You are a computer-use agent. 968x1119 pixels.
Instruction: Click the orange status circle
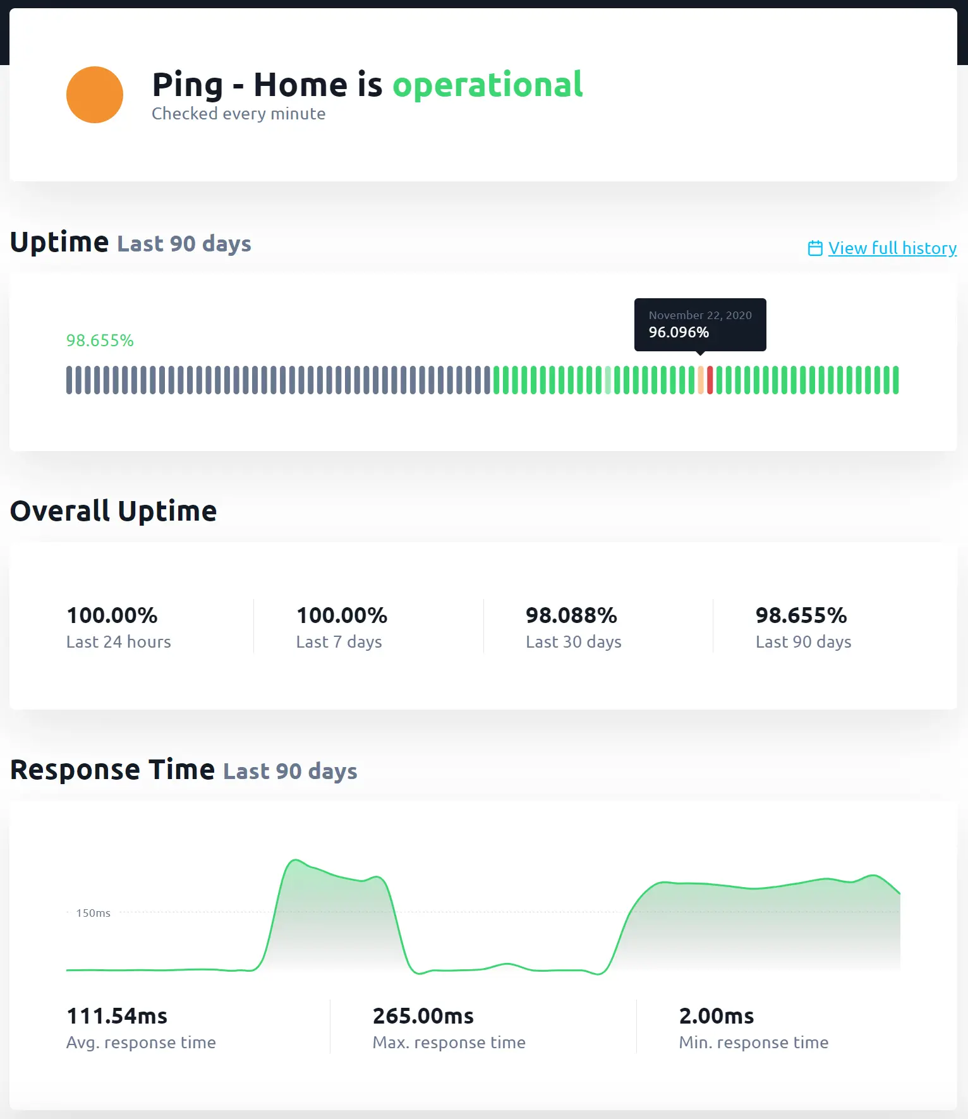[x=95, y=95]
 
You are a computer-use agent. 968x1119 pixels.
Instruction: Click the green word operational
[x=487, y=85]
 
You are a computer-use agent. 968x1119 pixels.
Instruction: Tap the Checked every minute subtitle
[x=238, y=114]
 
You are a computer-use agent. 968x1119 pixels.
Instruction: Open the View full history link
[x=892, y=248]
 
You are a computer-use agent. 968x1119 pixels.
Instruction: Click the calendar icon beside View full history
[x=815, y=248]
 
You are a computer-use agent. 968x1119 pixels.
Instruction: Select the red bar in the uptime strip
[x=710, y=380]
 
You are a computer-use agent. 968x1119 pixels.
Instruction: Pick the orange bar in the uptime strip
[x=701, y=380]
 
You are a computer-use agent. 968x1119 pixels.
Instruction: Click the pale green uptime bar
[x=608, y=380]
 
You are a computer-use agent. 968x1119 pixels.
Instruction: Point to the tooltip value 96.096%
[x=679, y=332]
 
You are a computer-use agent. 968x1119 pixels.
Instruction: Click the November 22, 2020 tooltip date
[x=700, y=315]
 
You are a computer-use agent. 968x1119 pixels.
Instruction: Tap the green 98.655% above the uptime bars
[x=100, y=341]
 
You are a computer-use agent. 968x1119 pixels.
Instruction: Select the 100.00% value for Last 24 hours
[x=112, y=615]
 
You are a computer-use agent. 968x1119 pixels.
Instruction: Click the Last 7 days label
[x=339, y=642]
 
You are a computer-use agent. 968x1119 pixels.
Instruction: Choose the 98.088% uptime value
[x=571, y=615]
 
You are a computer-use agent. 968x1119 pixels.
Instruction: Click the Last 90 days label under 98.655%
[x=803, y=642]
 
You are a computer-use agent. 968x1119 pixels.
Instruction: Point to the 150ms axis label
[x=93, y=913]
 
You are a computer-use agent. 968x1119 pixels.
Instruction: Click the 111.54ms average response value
[x=117, y=1016]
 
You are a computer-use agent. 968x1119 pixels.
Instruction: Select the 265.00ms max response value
[x=423, y=1016]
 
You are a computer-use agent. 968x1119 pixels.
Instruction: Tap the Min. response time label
[x=753, y=1043]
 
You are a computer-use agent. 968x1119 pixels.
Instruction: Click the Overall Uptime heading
[x=114, y=511]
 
